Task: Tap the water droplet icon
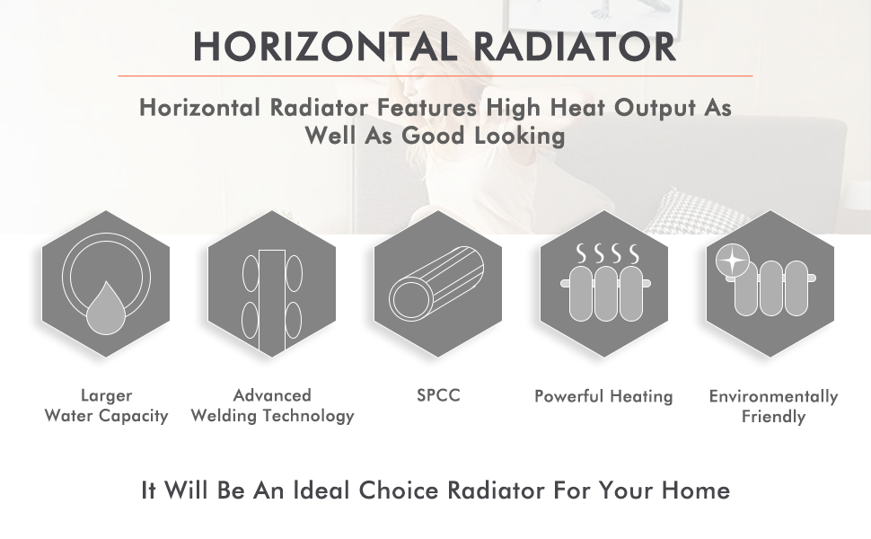(106, 309)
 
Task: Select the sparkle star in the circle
(732, 261)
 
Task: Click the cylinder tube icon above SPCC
(436, 283)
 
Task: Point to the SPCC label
(438, 395)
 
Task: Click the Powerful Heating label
(603, 397)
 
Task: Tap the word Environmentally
(773, 397)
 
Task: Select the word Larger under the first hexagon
(106, 396)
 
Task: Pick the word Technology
(308, 416)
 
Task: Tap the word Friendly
(773, 417)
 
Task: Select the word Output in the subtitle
(655, 109)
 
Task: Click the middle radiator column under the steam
(605, 294)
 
